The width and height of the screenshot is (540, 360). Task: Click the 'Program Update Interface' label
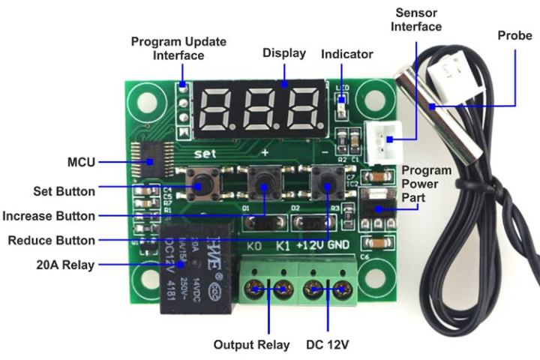[x=178, y=48]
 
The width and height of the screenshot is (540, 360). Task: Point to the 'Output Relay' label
[x=251, y=345]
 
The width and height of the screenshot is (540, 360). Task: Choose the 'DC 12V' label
[x=328, y=345]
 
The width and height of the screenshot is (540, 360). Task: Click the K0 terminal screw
[x=257, y=288]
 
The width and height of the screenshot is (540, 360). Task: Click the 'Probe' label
[x=514, y=36]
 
